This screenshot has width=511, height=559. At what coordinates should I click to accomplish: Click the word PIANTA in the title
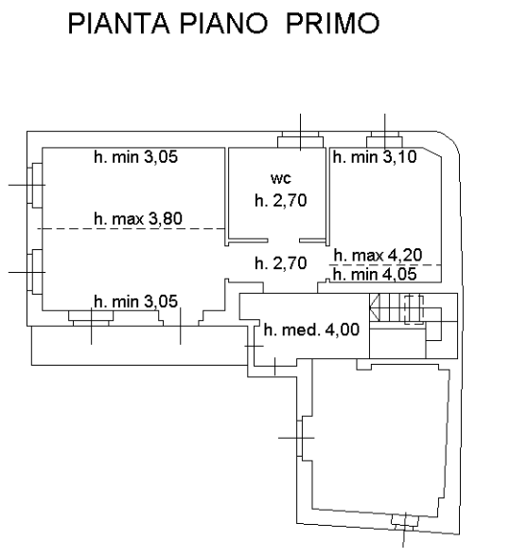(x=118, y=24)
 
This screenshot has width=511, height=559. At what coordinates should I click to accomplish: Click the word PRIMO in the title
(x=332, y=24)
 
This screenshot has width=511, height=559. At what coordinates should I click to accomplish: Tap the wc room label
(x=281, y=178)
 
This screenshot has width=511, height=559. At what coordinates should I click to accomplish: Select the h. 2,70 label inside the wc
(x=281, y=200)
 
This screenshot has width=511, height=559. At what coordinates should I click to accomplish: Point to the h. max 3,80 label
(x=138, y=219)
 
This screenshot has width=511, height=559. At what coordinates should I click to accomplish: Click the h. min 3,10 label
(x=375, y=157)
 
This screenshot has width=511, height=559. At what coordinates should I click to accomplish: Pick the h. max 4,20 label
(x=379, y=255)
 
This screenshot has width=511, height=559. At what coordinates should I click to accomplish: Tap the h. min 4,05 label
(x=375, y=275)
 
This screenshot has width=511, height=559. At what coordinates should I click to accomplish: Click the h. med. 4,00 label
(x=311, y=330)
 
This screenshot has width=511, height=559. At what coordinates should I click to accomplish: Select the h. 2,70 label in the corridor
(x=281, y=263)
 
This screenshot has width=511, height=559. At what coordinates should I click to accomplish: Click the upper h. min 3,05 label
(x=135, y=157)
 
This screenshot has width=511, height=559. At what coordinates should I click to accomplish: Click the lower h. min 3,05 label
(x=135, y=301)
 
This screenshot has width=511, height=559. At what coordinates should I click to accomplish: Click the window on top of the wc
(x=301, y=139)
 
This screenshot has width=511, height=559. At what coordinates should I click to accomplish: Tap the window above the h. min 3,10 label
(x=385, y=139)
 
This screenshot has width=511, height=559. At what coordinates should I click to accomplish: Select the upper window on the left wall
(x=35, y=186)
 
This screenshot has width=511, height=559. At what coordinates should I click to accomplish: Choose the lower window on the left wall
(x=35, y=272)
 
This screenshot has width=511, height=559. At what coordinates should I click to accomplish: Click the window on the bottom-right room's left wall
(x=301, y=438)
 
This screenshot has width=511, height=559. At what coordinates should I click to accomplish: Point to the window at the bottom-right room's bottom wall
(x=405, y=522)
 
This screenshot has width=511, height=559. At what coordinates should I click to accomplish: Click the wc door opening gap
(x=284, y=241)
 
